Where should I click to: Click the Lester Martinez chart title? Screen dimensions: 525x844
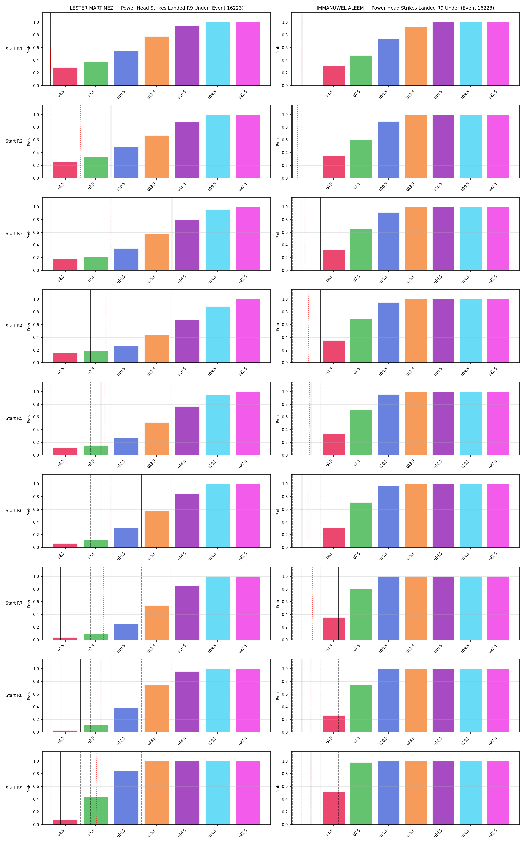[156, 8]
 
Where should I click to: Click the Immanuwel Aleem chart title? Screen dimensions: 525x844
[405, 8]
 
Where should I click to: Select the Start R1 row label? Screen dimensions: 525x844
[14, 49]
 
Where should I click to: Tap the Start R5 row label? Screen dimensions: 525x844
[14, 418]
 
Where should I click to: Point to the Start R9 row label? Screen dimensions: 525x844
[14, 788]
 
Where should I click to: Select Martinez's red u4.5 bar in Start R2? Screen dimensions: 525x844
[65, 170]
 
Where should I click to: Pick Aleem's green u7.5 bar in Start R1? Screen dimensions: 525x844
[361, 71]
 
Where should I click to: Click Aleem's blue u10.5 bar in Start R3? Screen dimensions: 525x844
[388, 241]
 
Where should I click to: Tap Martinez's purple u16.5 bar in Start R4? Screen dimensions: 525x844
[187, 341]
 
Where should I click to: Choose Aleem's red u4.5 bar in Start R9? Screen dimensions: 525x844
[334, 808]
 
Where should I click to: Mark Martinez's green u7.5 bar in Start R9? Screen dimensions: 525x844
[96, 811]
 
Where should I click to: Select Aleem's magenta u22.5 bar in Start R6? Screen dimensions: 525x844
[498, 516]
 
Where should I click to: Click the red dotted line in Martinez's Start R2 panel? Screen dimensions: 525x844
[80, 141]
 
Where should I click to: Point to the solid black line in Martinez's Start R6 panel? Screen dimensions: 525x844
[142, 511]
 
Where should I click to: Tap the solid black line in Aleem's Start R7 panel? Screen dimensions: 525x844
[338, 603]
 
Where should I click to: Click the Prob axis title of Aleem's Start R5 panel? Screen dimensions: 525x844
[278, 419]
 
